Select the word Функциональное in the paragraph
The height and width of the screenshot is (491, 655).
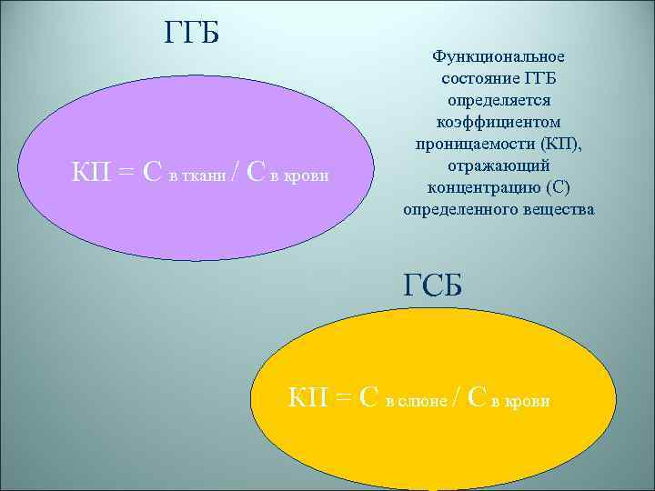coord(498,56)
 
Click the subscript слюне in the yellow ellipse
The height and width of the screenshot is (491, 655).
coord(425,401)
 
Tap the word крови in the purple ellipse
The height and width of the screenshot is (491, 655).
coord(305,175)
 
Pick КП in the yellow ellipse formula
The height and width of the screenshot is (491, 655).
coord(309,396)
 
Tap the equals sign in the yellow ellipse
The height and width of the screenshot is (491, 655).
coord(344,397)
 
